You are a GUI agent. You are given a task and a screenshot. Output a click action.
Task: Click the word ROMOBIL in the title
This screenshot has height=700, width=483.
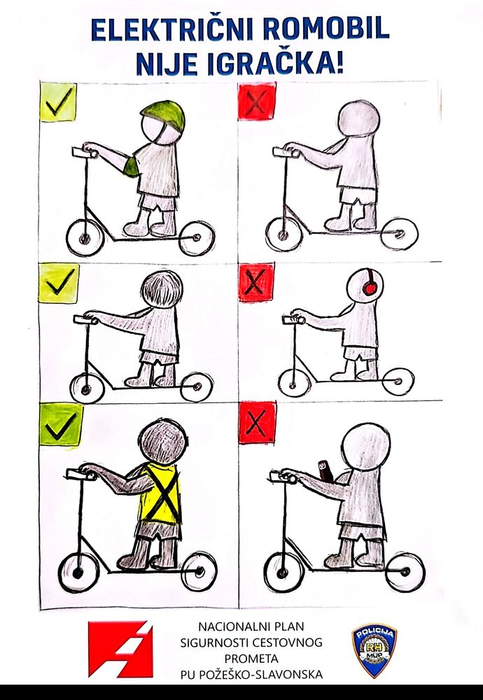coord(326,29)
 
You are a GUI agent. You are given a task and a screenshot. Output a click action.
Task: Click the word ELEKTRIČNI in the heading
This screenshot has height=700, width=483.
coord(172,29)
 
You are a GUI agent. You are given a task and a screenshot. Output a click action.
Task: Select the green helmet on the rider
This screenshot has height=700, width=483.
coord(163,115)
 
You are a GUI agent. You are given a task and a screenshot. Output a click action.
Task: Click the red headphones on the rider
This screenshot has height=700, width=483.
coord(369,283)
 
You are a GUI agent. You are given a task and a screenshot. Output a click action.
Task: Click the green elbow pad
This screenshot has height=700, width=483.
coord(131,167)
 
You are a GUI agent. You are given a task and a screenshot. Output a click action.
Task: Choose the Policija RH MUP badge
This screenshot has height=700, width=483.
coord(374,650)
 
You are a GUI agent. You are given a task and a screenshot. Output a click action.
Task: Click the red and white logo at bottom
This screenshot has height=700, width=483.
coord(120,649)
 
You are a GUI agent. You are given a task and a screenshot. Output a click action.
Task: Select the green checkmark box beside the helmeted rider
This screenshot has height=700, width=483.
coord(58,101)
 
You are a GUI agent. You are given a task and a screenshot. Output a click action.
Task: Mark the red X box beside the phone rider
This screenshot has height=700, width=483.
coord(257,422)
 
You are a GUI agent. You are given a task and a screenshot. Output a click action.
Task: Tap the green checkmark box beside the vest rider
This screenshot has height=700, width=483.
coord(61,424)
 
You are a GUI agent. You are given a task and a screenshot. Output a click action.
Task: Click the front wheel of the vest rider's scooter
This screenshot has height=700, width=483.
coord(78,573)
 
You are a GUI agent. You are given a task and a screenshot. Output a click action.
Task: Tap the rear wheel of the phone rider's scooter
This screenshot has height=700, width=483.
coord(405,572)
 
